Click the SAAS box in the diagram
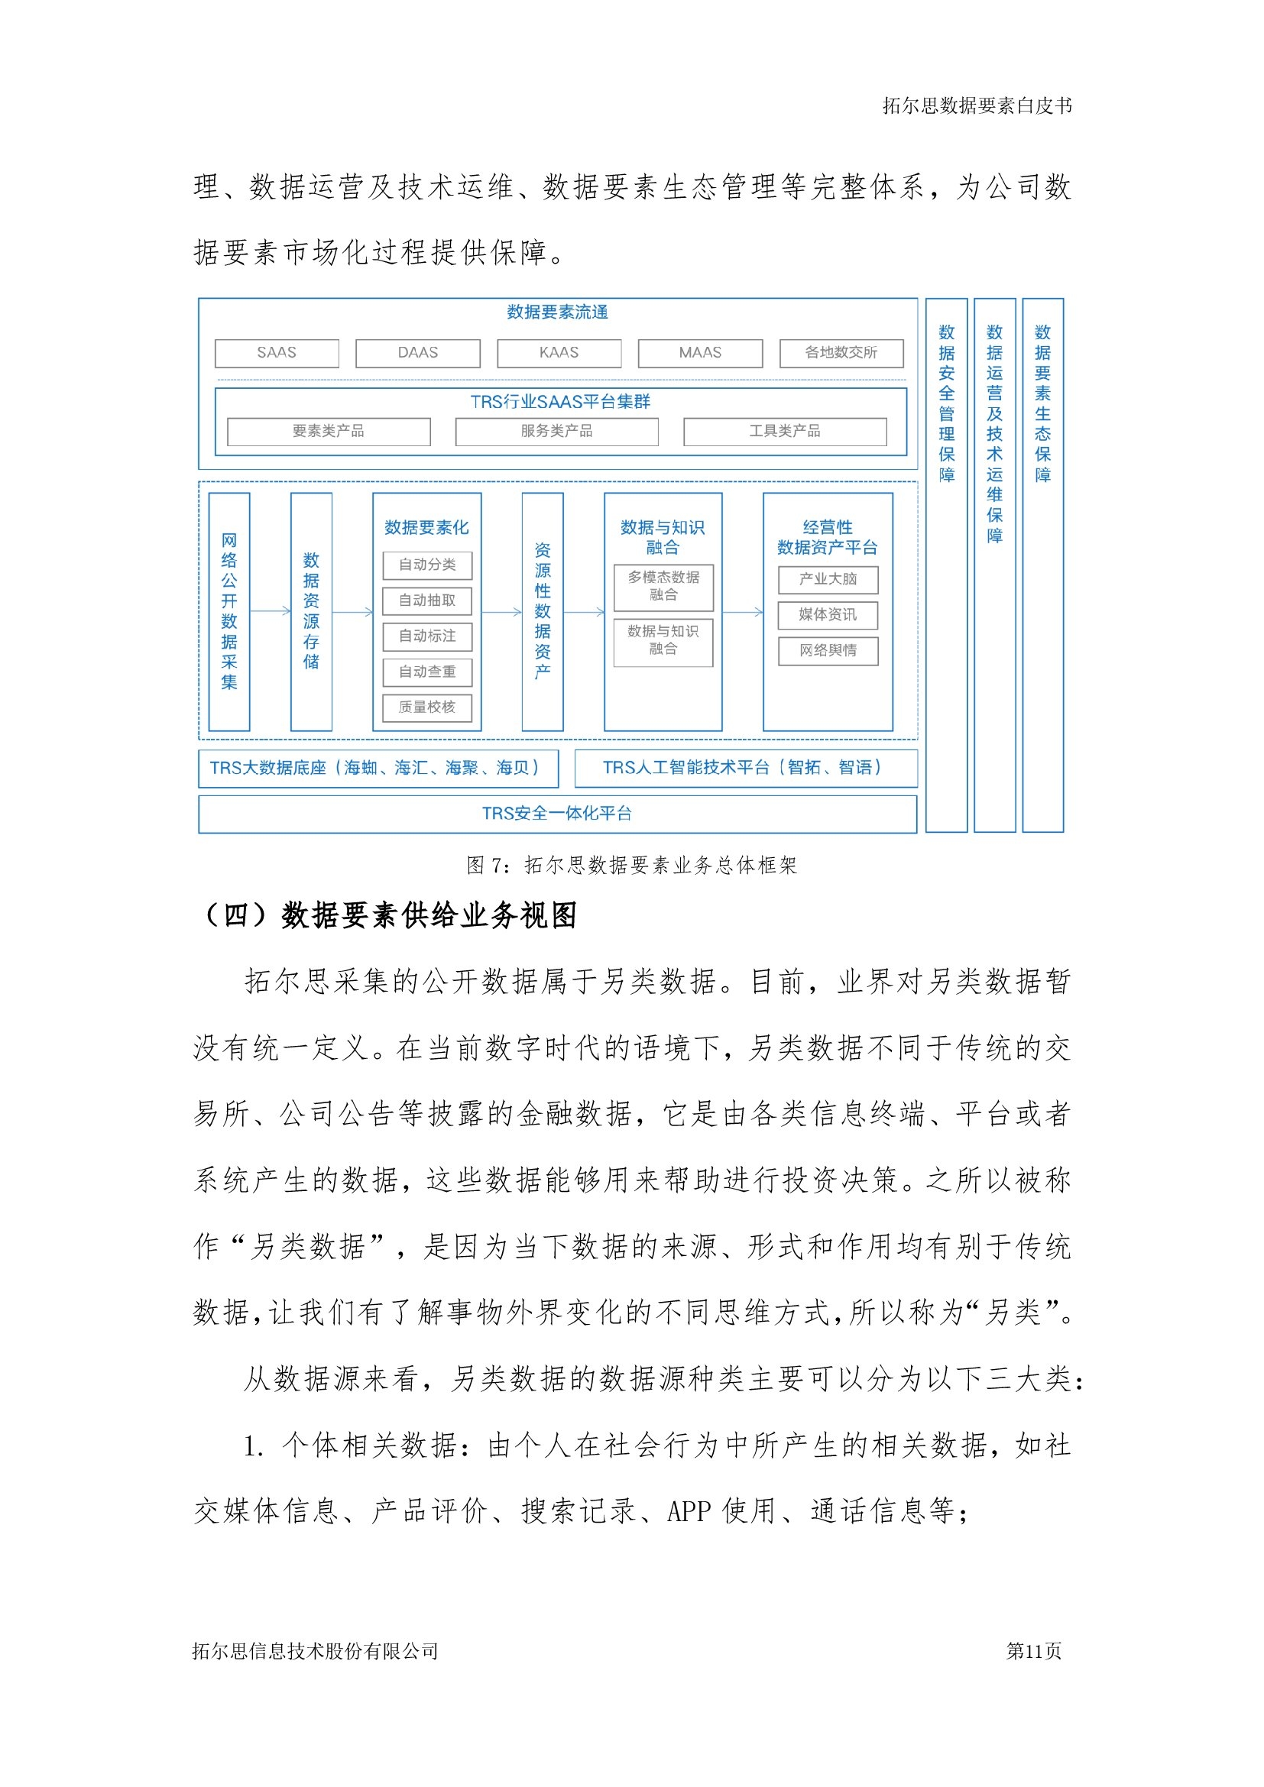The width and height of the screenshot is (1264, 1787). tap(277, 352)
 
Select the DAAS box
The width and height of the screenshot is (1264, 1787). tap(418, 352)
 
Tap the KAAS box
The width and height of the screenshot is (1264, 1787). tap(559, 352)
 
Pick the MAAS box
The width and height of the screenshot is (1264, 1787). tap(701, 352)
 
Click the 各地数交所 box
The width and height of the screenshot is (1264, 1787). tap(841, 352)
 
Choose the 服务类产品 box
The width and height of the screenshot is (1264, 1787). tap(556, 431)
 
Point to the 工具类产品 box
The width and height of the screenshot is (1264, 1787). tap(785, 431)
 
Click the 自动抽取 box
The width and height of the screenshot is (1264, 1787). tap(427, 601)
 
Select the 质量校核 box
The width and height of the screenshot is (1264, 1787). tap(427, 707)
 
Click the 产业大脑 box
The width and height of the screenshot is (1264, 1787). tap(828, 579)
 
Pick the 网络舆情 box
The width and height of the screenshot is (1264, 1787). tap(828, 651)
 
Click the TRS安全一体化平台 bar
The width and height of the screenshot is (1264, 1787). tap(557, 814)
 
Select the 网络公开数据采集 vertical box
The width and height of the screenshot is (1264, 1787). tap(229, 612)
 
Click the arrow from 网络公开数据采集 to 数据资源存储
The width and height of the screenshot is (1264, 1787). tap(270, 612)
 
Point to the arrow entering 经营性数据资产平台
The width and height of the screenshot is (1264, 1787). tap(743, 613)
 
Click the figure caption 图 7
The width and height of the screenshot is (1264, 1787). tap(631, 865)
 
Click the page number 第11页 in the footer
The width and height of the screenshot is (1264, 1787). tap(1034, 1651)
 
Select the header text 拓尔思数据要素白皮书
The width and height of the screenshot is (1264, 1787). tap(977, 106)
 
